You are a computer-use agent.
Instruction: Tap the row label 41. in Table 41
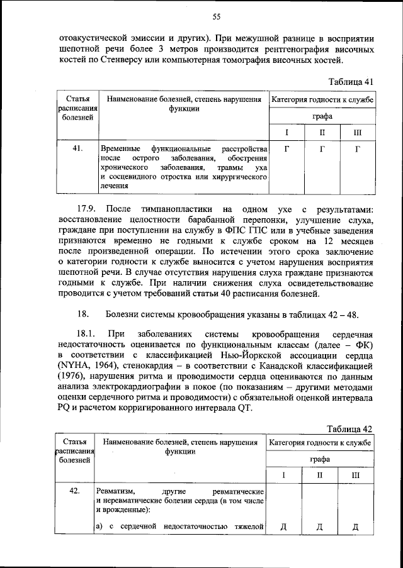tap(78, 149)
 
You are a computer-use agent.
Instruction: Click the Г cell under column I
tap(287, 149)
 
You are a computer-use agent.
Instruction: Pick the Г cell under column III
tap(357, 149)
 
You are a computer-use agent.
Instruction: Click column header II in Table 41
tap(322, 133)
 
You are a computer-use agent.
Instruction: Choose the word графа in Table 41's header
tap(321, 116)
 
